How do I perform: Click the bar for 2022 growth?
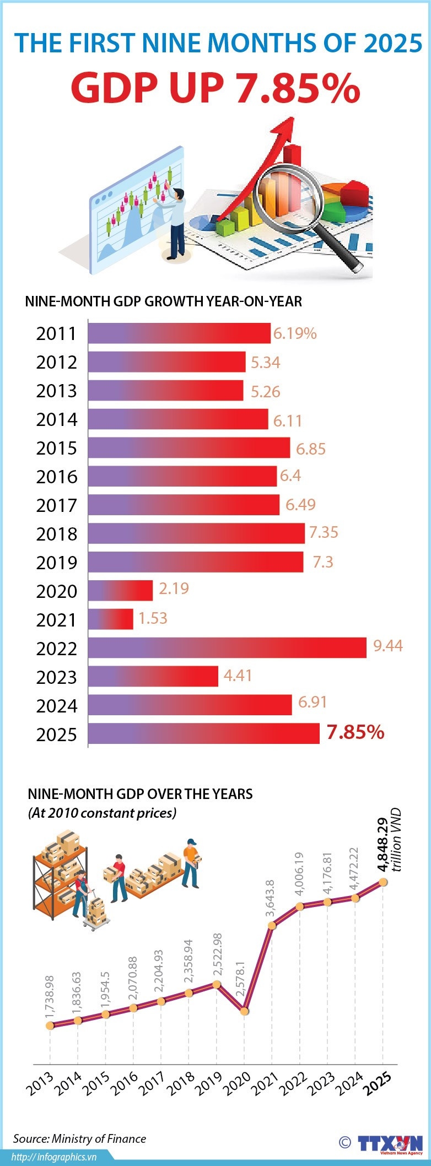[227, 647]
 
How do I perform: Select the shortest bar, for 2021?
[111, 619]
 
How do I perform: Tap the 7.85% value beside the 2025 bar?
[355, 732]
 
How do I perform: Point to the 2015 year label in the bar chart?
[56, 448]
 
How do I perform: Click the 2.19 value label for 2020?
[174, 589]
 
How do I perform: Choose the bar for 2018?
[196, 533]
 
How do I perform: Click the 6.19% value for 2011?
[295, 333]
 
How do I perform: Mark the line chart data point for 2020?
[245, 1012]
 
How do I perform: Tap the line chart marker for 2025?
[383, 882]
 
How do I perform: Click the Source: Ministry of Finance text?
[80, 1138]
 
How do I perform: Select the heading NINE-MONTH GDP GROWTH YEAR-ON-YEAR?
[164, 301]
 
